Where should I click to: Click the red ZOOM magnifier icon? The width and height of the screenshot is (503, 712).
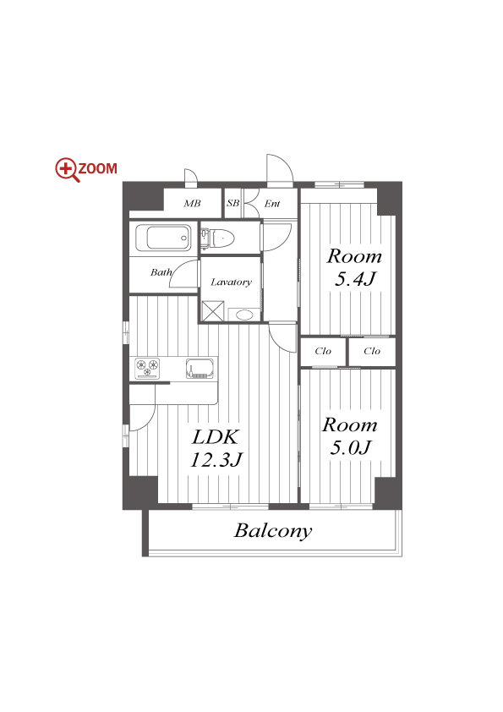[x=66, y=169]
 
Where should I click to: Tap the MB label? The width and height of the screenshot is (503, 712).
[x=192, y=204]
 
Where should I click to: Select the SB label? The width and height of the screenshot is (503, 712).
[x=232, y=203]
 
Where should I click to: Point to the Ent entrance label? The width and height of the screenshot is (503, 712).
[x=272, y=204]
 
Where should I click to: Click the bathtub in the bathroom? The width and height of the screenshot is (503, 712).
[x=163, y=238]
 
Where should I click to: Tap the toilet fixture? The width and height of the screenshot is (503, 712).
[x=218, y=238]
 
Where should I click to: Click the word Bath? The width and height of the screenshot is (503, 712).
[x=161, y=272]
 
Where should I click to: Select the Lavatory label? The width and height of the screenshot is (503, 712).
[x=231, y=282]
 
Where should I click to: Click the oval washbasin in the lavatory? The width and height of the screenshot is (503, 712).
[x=244, y=315]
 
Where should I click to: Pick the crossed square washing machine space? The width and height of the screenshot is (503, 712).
[x=213, y=311]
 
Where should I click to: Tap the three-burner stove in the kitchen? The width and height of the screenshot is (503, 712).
[x=148, y=368]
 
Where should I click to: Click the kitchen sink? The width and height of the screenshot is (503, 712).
[x=200, y=368]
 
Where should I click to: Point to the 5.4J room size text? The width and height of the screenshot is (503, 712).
[x=355, y=279]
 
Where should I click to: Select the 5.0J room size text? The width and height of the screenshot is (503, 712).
[x=351, y=447]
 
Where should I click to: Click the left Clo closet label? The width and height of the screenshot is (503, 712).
[x=323, y=351]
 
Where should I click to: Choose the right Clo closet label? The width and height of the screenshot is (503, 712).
[x=372, y=351]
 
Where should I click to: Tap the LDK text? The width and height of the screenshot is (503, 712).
[x=216, y=437]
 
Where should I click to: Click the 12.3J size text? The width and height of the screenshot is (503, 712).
[x=216, y=460]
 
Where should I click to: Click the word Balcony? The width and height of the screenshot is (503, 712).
[x=273, y=531]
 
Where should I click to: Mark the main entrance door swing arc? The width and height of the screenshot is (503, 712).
[x=287, y=164]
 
